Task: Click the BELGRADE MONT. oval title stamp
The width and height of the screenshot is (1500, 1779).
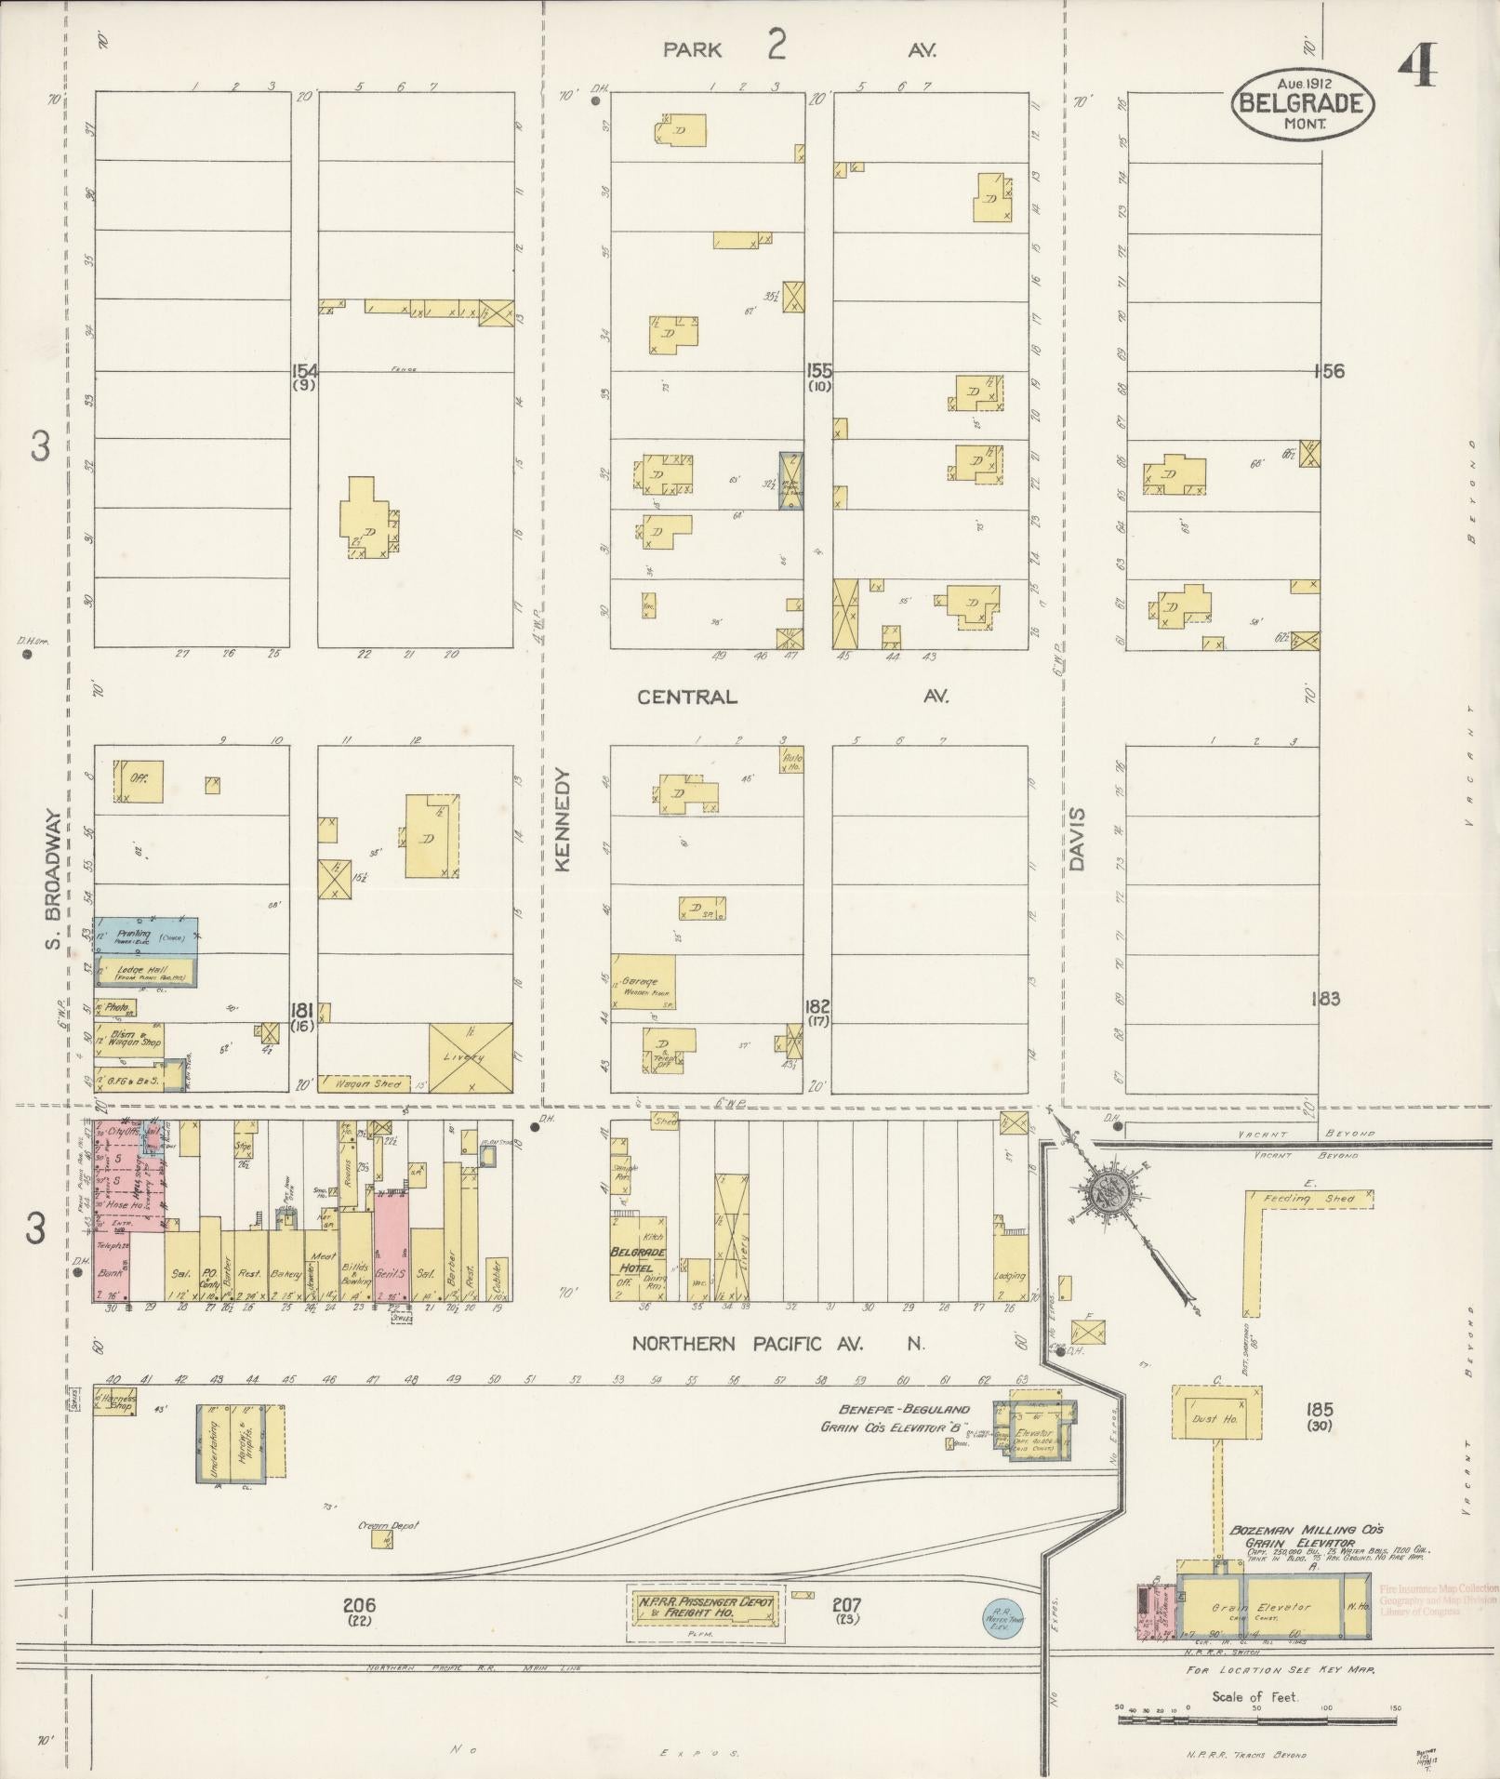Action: click(1303, 102)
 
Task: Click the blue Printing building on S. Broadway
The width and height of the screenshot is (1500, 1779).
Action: click(145, 936)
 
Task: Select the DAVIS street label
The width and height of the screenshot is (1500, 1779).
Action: click(1077, 838)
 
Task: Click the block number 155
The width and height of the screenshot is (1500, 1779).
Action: click(818, 370)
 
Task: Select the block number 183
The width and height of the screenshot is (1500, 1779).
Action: click(1324, 999)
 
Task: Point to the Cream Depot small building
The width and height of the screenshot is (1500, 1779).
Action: click(381, 1539)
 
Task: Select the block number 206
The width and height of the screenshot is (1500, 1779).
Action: click(359, 1604)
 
